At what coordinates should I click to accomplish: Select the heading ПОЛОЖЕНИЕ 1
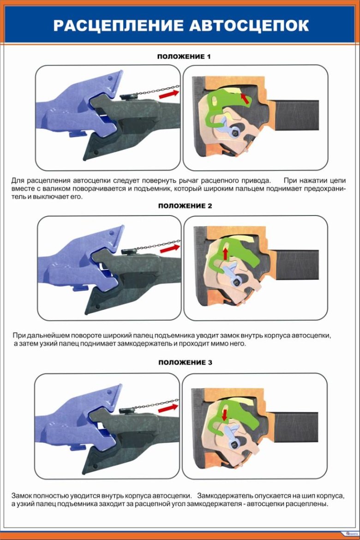(x=184, y=56)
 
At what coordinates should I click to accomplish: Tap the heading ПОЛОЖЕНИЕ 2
(x=185, y=206)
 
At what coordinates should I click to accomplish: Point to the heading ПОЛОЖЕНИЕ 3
(x=185, y=362)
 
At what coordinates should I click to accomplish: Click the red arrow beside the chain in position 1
(x=169, y=94)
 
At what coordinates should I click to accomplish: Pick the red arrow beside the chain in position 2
(x=170, y=248)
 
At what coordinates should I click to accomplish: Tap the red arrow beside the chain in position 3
(x=168, y=408)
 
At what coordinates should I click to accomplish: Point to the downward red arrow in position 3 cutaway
(x=225, y=414)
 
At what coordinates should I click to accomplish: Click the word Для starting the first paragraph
(x=18, y=181)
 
